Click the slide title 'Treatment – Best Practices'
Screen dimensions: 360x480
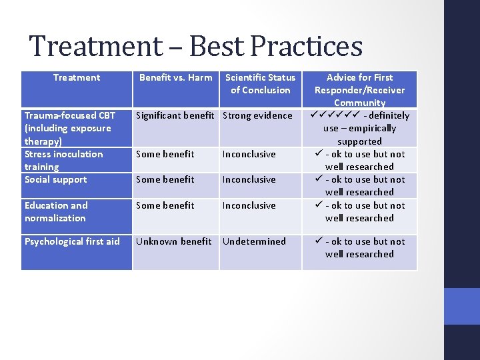[196, 46]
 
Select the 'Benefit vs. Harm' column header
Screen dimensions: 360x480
[175, 77]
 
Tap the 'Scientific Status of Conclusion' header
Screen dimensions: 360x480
[260, 83]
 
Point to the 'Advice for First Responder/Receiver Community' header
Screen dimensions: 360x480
[359, 90]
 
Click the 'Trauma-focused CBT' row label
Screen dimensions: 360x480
[69, 115]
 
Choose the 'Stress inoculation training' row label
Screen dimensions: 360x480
[63, 160]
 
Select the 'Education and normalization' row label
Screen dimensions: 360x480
[56, 211]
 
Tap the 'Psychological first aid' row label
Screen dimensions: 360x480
[72, 241]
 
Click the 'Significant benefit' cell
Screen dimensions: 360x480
[175, 115]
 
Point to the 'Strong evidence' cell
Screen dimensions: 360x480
[257, 115]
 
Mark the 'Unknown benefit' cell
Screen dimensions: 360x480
[173, 241]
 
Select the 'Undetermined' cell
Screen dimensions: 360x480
[253, 241]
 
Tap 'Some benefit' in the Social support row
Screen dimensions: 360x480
[165, 179]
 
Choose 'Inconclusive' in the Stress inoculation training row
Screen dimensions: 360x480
[249, 154]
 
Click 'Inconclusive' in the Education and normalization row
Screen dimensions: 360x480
[249, 205]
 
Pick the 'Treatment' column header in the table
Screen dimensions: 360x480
[77, 77]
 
